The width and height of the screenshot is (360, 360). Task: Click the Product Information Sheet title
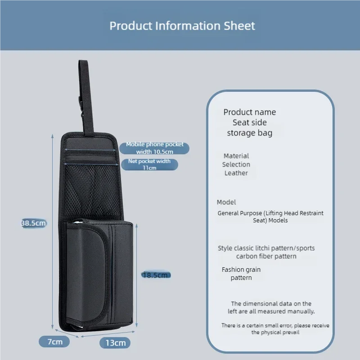click(182, 26)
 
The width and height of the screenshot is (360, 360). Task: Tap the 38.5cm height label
click(34, 223)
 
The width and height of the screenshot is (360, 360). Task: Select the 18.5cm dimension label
click(156, 275)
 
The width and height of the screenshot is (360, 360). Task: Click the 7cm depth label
click(55, 342)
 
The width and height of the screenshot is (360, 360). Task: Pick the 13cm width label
click(115, 343)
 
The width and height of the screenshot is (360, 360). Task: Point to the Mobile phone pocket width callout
click(155, 148)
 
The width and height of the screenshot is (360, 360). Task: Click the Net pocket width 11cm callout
click(149, 164)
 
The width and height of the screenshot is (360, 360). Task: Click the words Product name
click(250, 112)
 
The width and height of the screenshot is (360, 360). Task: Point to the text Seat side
click(250, 122)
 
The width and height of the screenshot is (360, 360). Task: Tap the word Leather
click(236, 173)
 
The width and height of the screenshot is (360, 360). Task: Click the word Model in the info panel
click(226, 202)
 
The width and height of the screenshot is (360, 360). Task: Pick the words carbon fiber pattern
click(266, 256)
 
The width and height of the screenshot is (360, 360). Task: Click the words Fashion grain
click(241, 270)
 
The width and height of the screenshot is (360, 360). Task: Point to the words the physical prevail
click(275, 332)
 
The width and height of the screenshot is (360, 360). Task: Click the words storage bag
click(250, 133)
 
